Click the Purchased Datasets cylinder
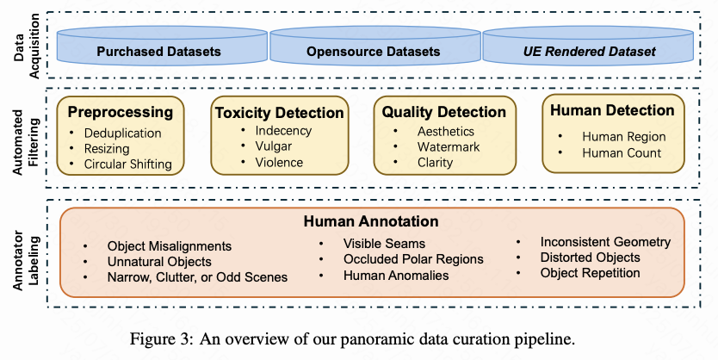(162, 46)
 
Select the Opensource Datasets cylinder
(374, 46)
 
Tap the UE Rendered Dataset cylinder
(588, 46)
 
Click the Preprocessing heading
(121, 112)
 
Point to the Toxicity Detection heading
(279, 113)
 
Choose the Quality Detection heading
(443, 112)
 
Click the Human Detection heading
(612, 110)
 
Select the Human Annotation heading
(371, 221)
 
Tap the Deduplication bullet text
(123, 133)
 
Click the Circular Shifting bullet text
(127, 164)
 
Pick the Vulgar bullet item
(274, 146)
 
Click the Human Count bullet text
(622, 152)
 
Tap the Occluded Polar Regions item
(413, 259)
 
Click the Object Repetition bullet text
(590, 273)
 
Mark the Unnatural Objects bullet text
(159, 262)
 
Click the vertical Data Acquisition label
(26, 46)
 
